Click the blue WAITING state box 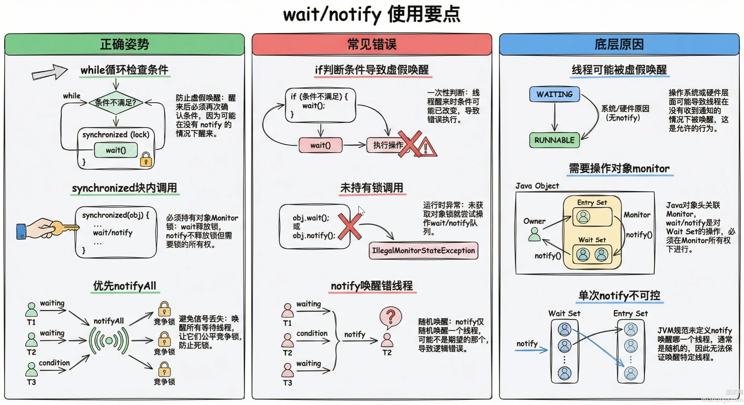(554, 94)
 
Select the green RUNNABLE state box (554, 140)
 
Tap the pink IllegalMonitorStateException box (423, 251)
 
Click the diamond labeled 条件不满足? (115, 103)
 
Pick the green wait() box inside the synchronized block (116, 150)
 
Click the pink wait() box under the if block (320, 145)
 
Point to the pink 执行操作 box (387, 145)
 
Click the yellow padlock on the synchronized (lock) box (146, 159)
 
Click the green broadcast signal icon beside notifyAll (109, 341)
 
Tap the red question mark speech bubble (390, 317)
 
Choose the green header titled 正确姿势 (124, 45)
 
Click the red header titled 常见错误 (372, 45)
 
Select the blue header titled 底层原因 (619, 45)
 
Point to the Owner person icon (534, 234)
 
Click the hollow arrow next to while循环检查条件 (49, 72)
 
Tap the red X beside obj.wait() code (349, 227)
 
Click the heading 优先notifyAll (125, 286)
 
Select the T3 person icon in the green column (31, 369)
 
